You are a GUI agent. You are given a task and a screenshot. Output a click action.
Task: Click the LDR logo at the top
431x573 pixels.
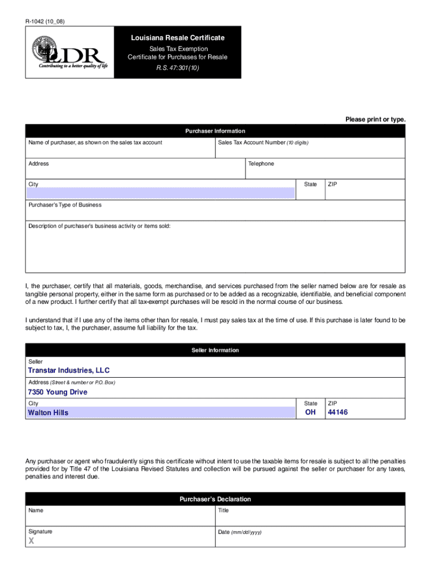pos(68,52)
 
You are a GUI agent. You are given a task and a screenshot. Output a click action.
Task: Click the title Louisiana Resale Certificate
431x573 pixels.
pos(177,38)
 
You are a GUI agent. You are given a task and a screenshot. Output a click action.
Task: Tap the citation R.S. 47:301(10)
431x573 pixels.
pos(177,68)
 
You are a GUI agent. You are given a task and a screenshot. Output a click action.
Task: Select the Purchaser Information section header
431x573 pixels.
pos(215,131)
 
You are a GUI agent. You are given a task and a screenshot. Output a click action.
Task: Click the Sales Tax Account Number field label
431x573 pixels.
pos(263,143)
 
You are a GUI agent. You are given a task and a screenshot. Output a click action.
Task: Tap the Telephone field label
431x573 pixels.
pos(261,164)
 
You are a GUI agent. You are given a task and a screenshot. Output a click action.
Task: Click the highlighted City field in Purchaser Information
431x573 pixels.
pos(161,193)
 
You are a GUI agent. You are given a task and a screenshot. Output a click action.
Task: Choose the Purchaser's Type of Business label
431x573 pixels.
pos(65,205)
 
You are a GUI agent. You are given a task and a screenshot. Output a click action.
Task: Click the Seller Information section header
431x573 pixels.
pos(215,350)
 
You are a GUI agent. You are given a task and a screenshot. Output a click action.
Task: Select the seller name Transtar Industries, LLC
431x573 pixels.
pos(69,370)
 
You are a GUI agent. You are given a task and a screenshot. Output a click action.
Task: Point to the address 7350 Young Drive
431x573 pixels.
pos(58,392)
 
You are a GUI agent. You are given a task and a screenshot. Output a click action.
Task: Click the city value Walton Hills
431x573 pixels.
pos(48,413)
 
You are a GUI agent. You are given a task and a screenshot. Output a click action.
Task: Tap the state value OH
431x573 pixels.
pos(310,413)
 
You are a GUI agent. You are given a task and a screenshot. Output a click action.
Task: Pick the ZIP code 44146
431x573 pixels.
pos(339,413)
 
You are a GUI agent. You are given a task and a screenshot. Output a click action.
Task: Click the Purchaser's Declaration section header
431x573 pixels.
pos(215,499)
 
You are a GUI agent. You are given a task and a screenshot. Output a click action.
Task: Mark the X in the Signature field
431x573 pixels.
pos(31,541)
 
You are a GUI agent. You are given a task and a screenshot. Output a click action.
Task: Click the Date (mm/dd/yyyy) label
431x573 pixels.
pos(240,532)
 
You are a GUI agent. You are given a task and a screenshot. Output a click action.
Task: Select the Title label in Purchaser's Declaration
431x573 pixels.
pos(223,511)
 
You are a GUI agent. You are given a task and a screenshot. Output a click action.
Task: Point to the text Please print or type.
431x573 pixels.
pos(375,120)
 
